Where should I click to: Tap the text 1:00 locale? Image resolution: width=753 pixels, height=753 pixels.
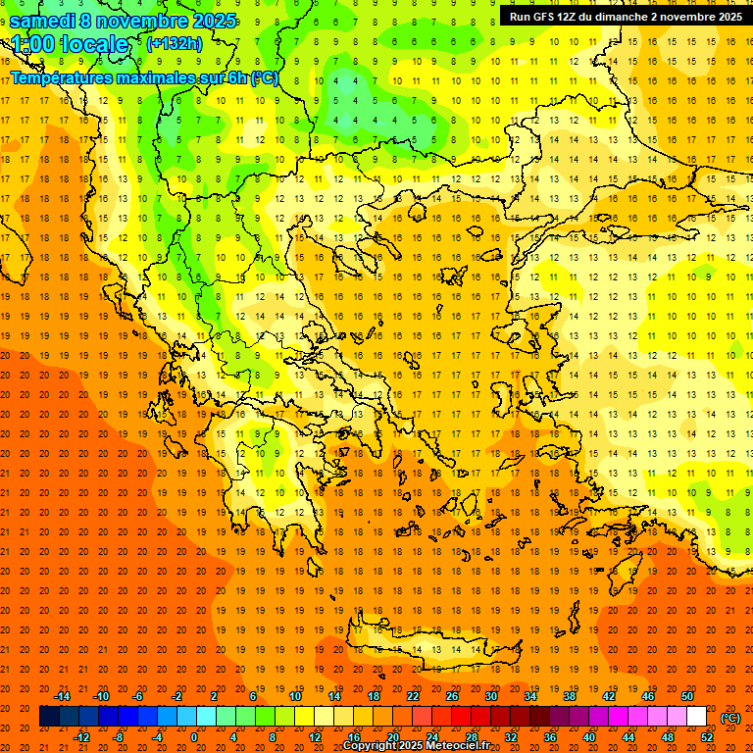(70, 44)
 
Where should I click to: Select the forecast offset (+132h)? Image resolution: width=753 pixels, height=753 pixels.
(174, 44)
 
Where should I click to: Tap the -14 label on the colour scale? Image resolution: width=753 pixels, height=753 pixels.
(63, 695)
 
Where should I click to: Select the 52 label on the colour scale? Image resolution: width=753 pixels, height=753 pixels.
(708, 737)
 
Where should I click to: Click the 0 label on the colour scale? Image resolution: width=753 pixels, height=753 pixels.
(194, 737)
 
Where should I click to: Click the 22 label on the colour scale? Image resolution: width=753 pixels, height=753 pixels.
(413, 695)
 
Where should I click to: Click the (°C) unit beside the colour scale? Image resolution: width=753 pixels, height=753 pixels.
(730, 717)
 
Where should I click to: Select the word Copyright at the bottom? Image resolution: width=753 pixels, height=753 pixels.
(372, 746)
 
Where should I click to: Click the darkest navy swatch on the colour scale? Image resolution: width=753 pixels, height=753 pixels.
(49, 717)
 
